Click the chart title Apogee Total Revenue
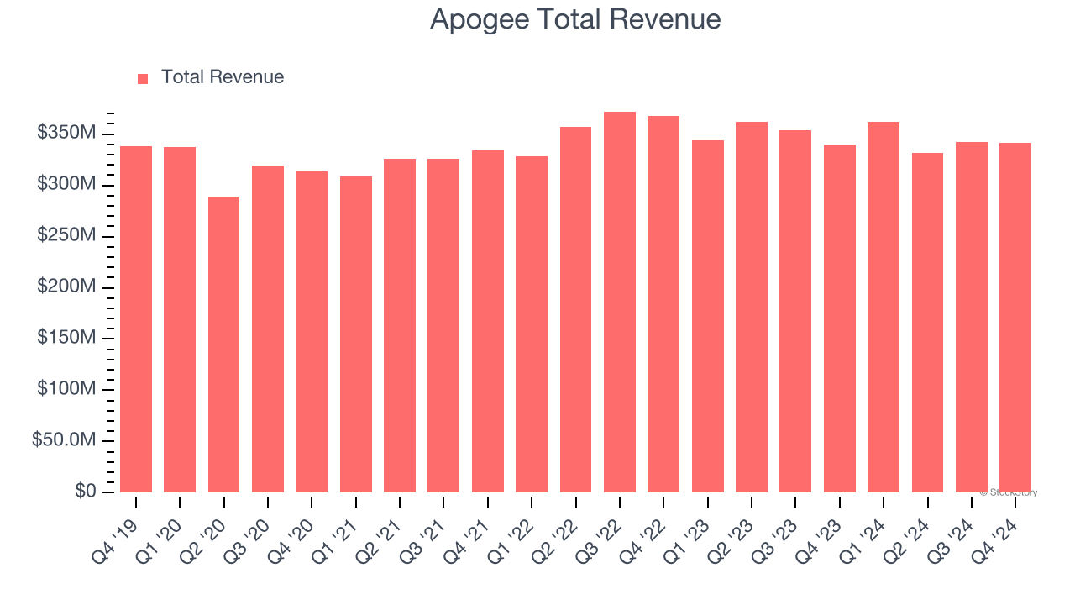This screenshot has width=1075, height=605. coord(575,19)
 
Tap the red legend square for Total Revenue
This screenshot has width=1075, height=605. coord(143,78)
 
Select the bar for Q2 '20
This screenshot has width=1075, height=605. coord(223,345)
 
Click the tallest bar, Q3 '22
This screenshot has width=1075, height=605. coord(620,302)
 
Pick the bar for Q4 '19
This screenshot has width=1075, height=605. coord(136,319)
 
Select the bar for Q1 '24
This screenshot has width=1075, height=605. coord(884,307)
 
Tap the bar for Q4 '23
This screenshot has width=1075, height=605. coord(840,318)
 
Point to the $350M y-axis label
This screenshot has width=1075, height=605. coord(66,134)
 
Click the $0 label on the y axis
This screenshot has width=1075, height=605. coord(85,492)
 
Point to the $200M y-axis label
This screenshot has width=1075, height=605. coord(66,287)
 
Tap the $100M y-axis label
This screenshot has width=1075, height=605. coord(66,389)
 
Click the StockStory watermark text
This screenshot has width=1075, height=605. coord(1009,492)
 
